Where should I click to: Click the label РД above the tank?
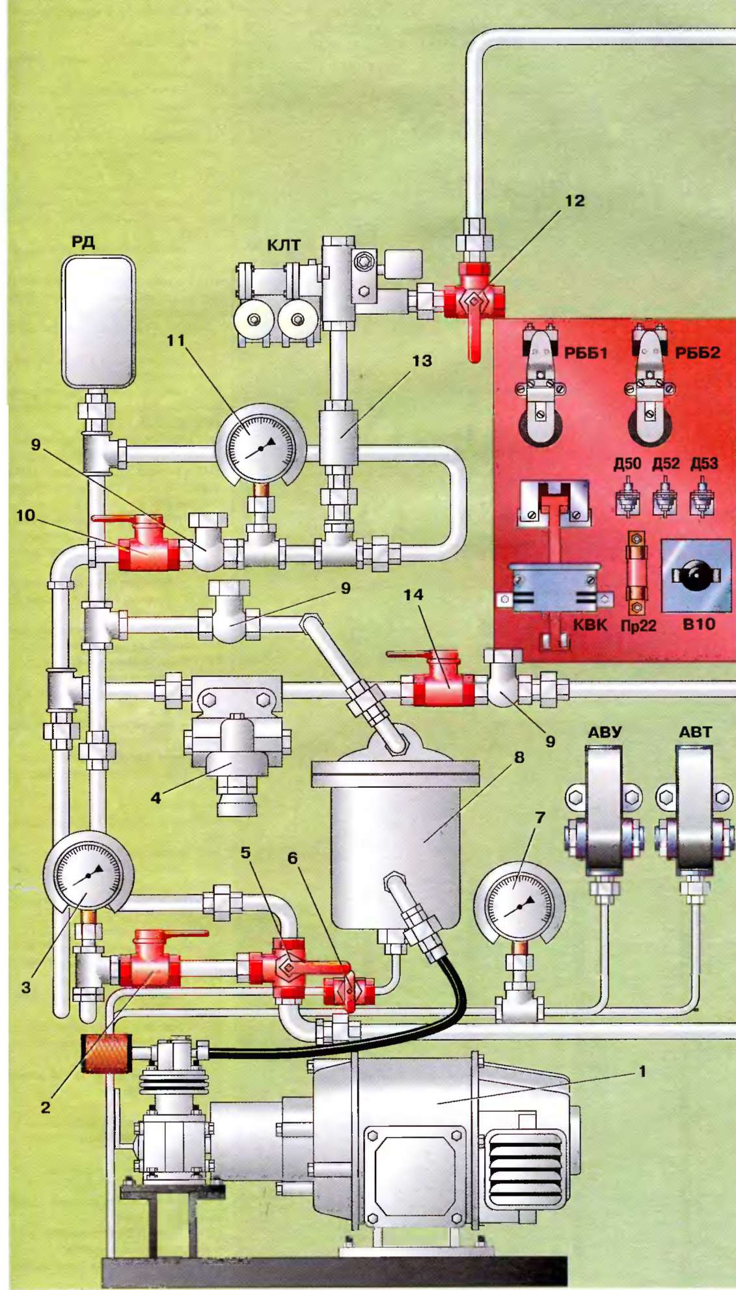[x=83, y=243]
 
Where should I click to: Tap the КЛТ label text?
[x=284, y=245]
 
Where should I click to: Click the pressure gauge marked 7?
[x=519, y=905]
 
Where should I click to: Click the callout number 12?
[x=574, y=201]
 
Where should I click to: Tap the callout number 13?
[x=422, y=360]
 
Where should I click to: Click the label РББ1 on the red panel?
[x=586, y=353]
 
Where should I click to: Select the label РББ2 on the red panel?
[x=698, y=353]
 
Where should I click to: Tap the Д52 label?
[x=666, y=464]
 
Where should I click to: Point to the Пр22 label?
[x=638, y=626]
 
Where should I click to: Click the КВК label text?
[x=590, y=626]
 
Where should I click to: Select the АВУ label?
[x=605, y=732]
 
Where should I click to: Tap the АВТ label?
[x=695, y=732]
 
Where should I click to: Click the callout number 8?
[x=519, y=757]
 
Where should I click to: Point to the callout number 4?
[x=156, y=798]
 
